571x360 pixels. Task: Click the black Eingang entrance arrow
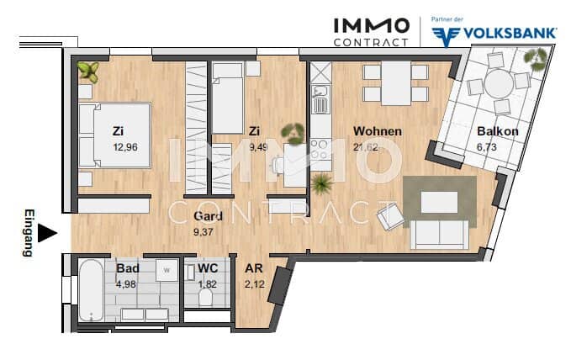[47, 233]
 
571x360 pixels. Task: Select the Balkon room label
[498, 131]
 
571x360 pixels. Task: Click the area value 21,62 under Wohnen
[366, 147]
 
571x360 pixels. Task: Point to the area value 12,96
[125, 147]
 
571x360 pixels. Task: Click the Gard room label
[208, 215]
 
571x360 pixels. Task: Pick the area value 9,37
[204, 231]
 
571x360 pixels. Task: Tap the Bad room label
[128, 268]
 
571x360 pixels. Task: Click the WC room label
[208, 268]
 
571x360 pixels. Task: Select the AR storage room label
[254, 268]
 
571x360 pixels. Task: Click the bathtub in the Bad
[91, 290]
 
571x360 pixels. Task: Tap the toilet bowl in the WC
[206, 298]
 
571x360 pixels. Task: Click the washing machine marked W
[167, 270]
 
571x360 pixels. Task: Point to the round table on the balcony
[499, 84]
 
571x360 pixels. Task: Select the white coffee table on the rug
[440, 202]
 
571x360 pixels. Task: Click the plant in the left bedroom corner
[88, 71]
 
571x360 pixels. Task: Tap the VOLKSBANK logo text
[494, 34]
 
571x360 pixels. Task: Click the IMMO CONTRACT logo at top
[371, 32]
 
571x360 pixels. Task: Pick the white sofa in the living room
[440, 235]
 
